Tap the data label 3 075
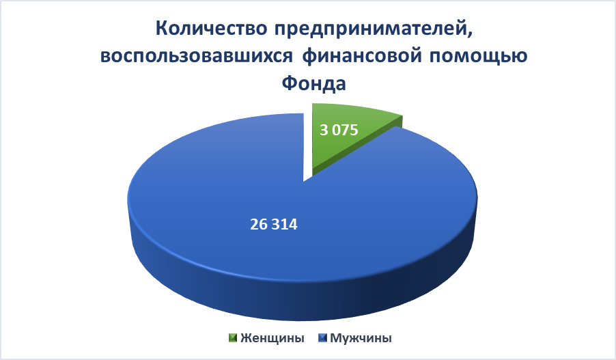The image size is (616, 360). pos(339,130)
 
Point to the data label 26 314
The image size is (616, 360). pos(274,225)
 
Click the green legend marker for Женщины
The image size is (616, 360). pos(234,338)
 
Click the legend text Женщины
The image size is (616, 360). pos(272,338)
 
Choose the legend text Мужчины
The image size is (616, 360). pos(361,338)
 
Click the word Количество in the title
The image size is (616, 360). pos(211,29)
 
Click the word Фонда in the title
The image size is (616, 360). pos(314,83)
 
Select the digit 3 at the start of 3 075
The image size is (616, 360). pos(324,130)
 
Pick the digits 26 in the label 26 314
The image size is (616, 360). pos(259,225)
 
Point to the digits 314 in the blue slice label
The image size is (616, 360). pos(285,225)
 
